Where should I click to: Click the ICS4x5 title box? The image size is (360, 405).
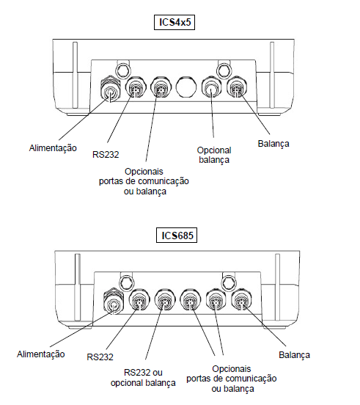[x=175, y=23]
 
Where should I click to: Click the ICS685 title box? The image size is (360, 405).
[x=177, y=235]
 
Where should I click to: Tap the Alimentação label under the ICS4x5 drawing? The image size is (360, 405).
[x=53, y=148]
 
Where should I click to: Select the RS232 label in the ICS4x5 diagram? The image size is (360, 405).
[x=106, y=155]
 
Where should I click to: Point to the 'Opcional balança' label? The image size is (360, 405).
[x=214, y=155]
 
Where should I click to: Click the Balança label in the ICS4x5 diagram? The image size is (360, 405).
[x=273, y=144]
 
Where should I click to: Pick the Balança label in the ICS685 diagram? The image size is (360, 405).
[x=294, y=355]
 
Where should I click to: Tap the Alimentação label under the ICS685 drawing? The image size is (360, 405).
[x=41, y=354]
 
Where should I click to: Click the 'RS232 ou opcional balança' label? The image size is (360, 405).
[x=143, y=378]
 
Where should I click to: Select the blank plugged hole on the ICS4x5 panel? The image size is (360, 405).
[x=185, y=87]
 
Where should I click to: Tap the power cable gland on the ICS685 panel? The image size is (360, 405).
[x=114, y=302]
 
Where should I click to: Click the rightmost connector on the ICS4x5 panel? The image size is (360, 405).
[x=237, y=87]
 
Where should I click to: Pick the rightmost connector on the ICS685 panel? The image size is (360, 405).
[x=241, y=300]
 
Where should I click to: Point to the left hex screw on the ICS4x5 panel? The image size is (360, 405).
[x=123, y=69]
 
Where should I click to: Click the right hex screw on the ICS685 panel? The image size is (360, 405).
[x=229, y=282]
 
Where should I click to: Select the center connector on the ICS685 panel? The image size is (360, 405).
[x=191, y=300]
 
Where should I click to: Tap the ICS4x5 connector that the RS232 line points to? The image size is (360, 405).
[x=136, y=87]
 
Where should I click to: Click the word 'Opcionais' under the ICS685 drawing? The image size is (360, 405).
[x=232, y=369]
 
